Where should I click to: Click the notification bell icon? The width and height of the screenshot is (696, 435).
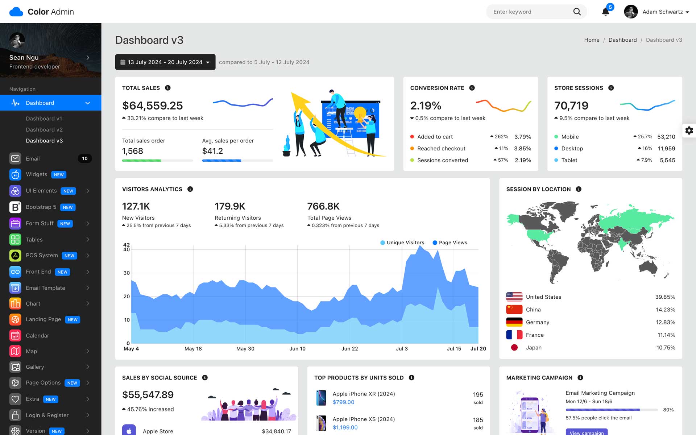[x=605, y=12]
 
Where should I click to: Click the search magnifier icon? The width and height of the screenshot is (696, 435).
[x=577, y=12]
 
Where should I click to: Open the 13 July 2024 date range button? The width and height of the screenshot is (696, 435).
[x=165, y=62]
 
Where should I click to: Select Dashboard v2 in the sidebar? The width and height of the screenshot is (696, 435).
[x=44, y=129]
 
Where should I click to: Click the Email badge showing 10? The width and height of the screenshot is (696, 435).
[x=84, y=158]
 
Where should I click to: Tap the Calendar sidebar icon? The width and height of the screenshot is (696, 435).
[x=15, y=336]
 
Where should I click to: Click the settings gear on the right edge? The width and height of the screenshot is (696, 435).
[x=689, y=130]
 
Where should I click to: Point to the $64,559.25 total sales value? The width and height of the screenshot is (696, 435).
[x=153, y=105]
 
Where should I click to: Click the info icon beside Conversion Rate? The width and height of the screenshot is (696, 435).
[x=472, y=88]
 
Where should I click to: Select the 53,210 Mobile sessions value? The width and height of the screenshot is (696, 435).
[x=666, y=137]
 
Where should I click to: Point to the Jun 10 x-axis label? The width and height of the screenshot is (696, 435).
[x=297, y=349]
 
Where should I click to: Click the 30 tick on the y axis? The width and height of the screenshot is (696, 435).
[x=127, y=273]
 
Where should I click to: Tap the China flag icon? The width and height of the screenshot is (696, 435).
[x=514, y=310]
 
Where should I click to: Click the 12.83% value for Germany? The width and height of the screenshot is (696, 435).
[x=665, y=322]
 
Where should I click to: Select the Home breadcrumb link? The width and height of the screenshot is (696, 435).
[x=592, y=40]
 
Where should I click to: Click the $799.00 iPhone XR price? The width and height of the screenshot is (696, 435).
[x=343, y=402]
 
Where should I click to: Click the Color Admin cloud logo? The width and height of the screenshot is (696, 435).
[x=16, y=12]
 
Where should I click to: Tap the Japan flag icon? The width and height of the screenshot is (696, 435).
[x=514, y=348]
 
